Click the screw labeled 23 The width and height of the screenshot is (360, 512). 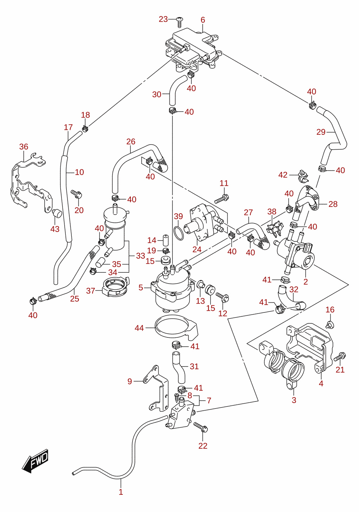pyautogui.click(x=180, y=22)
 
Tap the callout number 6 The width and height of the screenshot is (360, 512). pyautogui.click(x=203, y=20)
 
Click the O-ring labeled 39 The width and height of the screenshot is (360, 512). pyautogui.click(x=179, y=233)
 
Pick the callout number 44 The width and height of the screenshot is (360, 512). pyautogui.click(x=139, y=328)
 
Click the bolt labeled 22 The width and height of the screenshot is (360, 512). pyautogui.click(x=201, y=428)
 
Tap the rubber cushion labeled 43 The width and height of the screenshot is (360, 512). pyautogui.click(x=57, y=213)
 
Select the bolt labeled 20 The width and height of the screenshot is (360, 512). pyautogui.click(x=76, y=194)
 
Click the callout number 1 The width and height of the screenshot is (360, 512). pyautogui.click(x=121, y=492)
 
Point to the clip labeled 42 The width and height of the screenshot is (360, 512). pyautogui.click(x=303, y=176)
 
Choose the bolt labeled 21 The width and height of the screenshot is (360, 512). pyautogui.click(x=340, y=357)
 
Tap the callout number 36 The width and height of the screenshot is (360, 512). pyautogui.click(x=24, y=146)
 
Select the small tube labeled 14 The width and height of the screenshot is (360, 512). pyautogui.click(x=166, y=240)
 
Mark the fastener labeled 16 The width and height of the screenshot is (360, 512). pyautogui.click(x=330, y=324)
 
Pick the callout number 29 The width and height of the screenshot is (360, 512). pyautogui.click(x=321, y=132)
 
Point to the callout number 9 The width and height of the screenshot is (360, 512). pyautogui.click(x=130, y=381)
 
